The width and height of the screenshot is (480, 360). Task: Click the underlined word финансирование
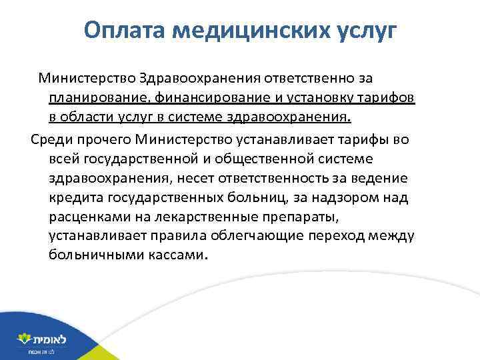(215, 99)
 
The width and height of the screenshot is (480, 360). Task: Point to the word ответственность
(288, 178)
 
